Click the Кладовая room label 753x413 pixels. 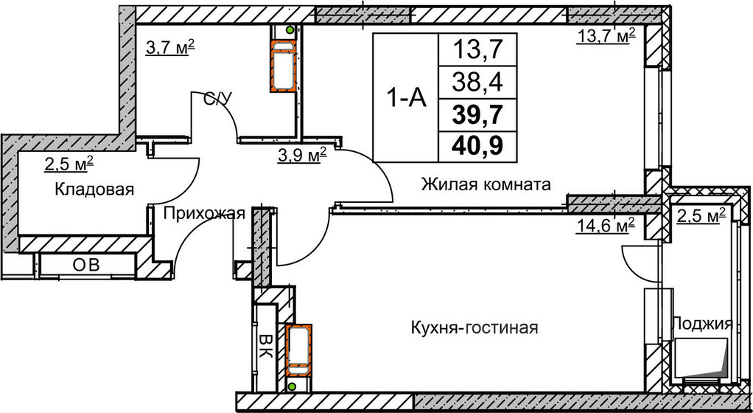(94, 190)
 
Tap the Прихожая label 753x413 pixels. (203, 215)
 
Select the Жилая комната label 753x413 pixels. (486, 185)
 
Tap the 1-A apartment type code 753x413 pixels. (404, 99)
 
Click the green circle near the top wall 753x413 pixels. (290, 31)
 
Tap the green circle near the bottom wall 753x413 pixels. (293, 386)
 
